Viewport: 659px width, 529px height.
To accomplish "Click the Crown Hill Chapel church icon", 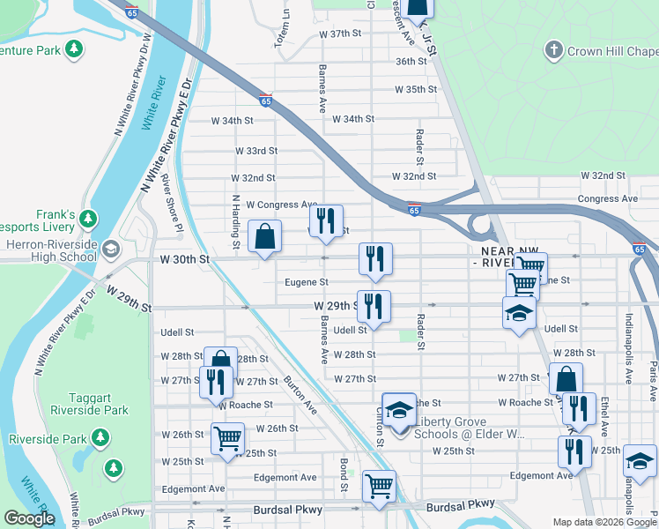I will pyautogui.click(x=554, y=51).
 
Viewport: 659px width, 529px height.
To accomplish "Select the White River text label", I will pyautogui.click(x=160, y=103).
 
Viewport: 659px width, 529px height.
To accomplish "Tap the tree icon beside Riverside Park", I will pyautogui.click(x=101, y=438).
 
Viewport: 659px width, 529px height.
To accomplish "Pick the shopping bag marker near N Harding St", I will pyautogui.click(x=265, y=237).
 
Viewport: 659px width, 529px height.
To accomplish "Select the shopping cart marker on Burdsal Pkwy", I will pyautogui.click(x=379, y=486).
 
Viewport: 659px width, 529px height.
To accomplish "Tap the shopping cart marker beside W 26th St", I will pyautogui.click(x=227, y=438).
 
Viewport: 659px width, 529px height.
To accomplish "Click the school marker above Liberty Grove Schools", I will pyautogui.click(x=399, y=410).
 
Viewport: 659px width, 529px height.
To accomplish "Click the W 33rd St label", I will pyautogui.click(x=255, y=151).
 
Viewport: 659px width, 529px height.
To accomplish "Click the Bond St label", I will pyautogui.click(x=344, y=473).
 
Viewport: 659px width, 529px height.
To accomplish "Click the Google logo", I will pyautogui.click(x=29, y=518).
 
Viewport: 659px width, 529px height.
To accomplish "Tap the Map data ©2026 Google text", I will pyautogui.click(x=603, y=523).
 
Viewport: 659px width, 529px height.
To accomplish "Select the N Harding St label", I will pyautogui.click(x=236, y=220).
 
